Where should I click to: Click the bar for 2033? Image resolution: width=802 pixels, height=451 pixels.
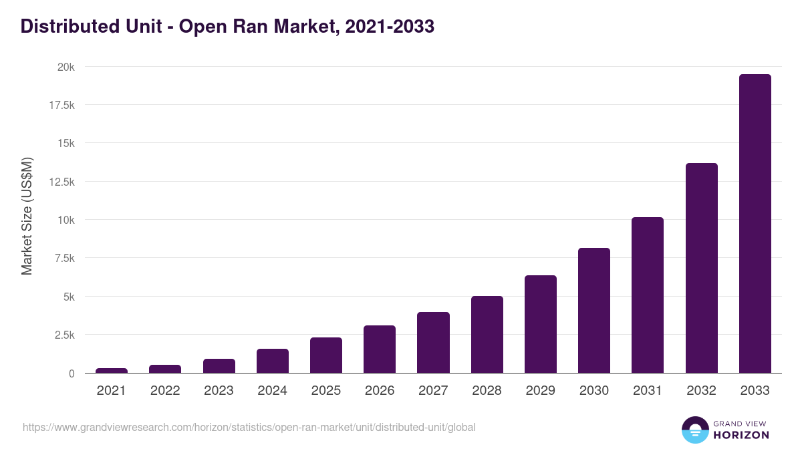click(x=755, y=224)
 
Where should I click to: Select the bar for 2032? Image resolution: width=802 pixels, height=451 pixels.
click(x=701, y=268)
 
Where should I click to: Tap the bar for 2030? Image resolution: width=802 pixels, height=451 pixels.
click(x=593, y=311)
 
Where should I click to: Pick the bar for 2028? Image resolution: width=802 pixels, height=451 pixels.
click(x=487, y=335)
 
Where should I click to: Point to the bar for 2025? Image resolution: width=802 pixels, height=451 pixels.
click(x=325, y=355)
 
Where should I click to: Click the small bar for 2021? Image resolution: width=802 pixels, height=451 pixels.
click(x=112, y=370)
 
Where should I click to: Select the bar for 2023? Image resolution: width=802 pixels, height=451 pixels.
click(x=219, y=366)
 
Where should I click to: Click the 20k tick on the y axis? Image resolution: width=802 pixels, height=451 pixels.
click(x=65, y=67)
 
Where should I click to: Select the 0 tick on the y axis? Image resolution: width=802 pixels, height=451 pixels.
click(x=72, y=373)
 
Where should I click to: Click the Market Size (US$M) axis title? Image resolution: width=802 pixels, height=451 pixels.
click(x=27, y=216)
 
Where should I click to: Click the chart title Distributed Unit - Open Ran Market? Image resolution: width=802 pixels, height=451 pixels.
click(x=227, y=26)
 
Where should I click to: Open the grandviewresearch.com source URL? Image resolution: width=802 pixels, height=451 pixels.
click(x=249, y=427)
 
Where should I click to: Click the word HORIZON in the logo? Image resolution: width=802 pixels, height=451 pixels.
click(x=741, y=435)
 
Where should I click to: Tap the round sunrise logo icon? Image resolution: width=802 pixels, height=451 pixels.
click(x=694, y=430)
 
